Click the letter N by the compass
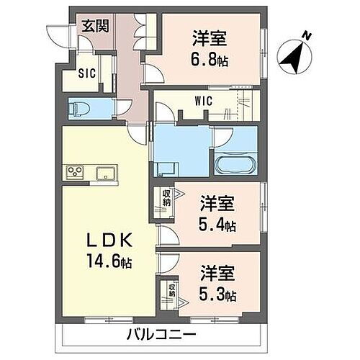click(307, 35)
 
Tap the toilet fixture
click(77, 109)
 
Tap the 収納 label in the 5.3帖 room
click(171, 289)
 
